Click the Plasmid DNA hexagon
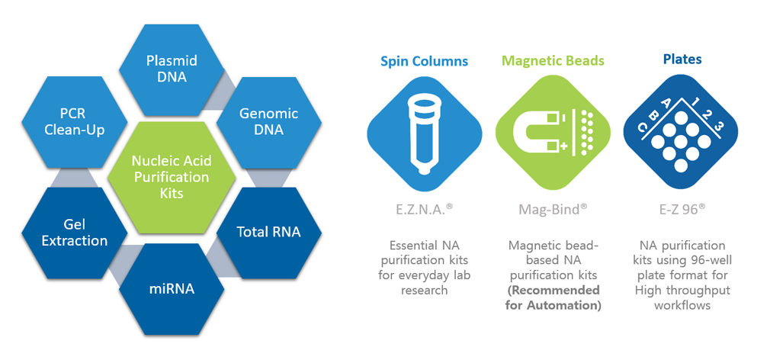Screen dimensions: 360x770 tap(172, 69)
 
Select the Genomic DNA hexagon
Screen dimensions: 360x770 tap(268, 121)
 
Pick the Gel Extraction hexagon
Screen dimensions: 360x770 tap(75, 231)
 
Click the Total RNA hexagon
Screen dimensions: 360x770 tap(268, 231)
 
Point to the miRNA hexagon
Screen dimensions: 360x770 tap(172, 288)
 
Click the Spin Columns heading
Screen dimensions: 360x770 tap(424, 60)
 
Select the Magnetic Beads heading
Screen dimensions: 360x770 tap(553, 60)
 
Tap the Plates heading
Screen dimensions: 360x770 tap(682, 59)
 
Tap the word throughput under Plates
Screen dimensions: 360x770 tap(702, 290)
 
